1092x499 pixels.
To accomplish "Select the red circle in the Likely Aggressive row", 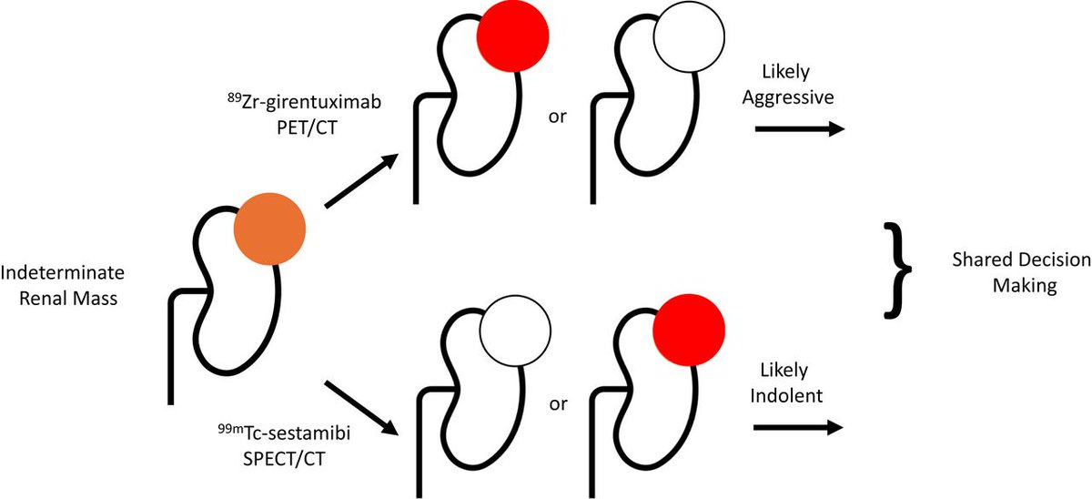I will pyautogui.click(x=513, y=35).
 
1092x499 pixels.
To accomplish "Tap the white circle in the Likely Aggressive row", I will pyautogui.click(x=689, y=36).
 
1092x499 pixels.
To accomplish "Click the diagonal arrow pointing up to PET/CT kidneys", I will pyautogui.click(x=361, y=180).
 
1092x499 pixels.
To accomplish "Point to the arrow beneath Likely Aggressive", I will pyautogui.click(x=798, y=130).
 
